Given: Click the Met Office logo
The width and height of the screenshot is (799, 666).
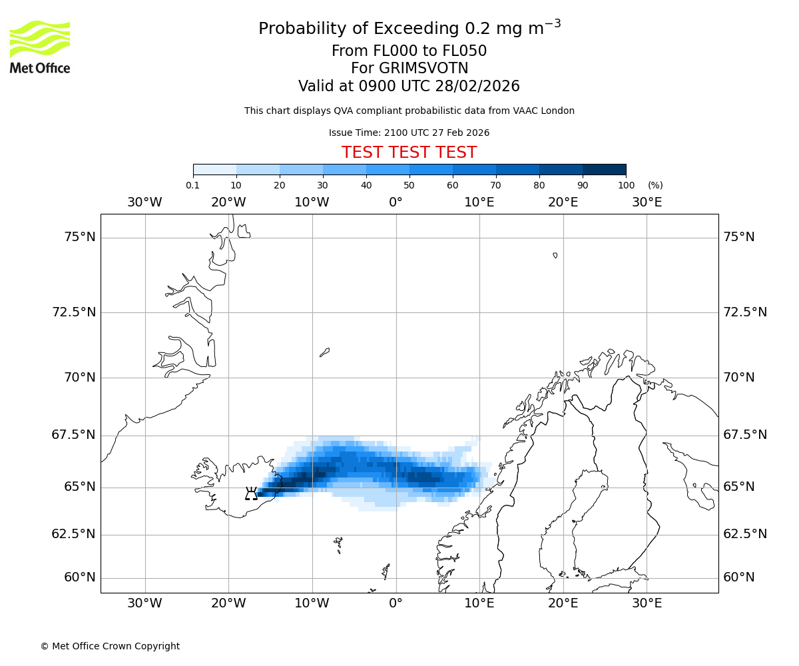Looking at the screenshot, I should tap(40, 47).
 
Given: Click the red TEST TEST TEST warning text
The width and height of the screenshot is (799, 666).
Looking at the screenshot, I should tap(409, 153).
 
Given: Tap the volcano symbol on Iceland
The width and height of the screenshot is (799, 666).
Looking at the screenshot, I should tap(251, 494).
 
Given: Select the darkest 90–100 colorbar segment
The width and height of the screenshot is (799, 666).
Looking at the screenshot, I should tap(604, 169).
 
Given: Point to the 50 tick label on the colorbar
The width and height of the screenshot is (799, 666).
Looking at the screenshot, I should tap(409, 185).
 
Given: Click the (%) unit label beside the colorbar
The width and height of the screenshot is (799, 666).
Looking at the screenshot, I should tap(655, 185).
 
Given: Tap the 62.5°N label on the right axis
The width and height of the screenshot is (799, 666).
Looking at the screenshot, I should tap(745, 534).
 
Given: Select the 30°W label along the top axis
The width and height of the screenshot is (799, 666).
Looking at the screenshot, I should tap(144, 202).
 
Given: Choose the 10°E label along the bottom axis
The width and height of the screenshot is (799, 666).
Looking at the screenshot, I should tap(479, 603).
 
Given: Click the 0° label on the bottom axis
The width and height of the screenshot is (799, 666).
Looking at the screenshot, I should tap(396, 603).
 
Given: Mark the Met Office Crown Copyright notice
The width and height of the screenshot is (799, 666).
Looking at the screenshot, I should tap(110, 646).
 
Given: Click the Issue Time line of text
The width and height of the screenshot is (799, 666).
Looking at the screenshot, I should tap(409, 133).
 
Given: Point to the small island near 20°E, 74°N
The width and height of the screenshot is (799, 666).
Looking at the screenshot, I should tap(555, 255).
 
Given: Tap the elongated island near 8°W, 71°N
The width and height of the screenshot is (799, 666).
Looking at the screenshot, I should tap(324, 352).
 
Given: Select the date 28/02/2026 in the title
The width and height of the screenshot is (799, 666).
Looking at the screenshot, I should tap(477, 87).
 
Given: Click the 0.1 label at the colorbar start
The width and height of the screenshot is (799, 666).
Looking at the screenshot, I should tap(193, 185).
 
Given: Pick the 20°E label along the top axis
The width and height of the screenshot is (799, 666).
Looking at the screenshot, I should tap(563, 202).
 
